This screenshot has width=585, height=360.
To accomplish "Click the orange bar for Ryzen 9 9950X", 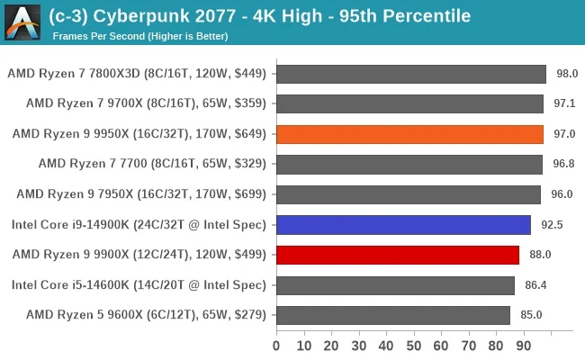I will (x=409, y=134).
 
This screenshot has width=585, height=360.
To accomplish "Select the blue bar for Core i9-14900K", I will (x=403, y=225).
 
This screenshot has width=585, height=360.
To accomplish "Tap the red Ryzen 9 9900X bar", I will (x=397, y=255).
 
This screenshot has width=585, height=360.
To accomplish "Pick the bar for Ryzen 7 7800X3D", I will (x=411, y=74).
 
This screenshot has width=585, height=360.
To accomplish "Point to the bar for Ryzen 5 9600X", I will (x=392, y=315).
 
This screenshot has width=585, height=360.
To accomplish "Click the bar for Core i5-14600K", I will (x=395, y=285).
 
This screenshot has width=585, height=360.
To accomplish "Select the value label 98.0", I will (x=567, y=74).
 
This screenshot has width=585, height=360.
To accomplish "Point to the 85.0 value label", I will (x=531, y=315).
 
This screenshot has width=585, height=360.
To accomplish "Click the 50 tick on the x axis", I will (x=414, y=345).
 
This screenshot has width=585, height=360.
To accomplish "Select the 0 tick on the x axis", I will (x=276, y=345).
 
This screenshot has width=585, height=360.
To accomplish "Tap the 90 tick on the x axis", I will (x=525, y=345).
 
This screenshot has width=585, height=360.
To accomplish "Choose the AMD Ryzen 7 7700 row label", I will (x=152, y=164).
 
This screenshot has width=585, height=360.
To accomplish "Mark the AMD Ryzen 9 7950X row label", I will (x=141, y=194).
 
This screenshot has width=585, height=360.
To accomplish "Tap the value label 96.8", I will (x=563, y=164).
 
